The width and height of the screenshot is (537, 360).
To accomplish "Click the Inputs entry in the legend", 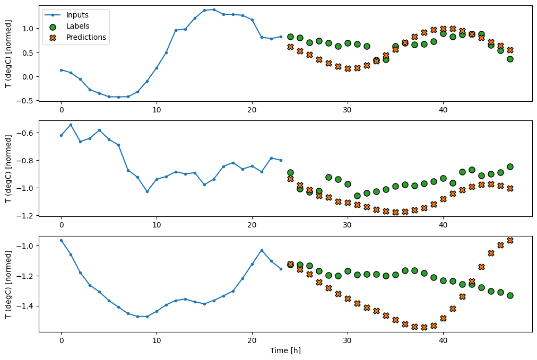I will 78,15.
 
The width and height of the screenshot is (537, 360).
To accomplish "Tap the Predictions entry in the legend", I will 86,37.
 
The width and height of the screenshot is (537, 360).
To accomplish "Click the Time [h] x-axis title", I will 285,350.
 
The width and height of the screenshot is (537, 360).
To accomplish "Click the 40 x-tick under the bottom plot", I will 443,340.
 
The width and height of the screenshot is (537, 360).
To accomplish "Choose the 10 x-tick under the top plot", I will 157,109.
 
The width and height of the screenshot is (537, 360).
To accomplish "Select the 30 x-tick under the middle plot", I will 348,224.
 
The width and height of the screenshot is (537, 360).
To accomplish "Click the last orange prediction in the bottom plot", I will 510,240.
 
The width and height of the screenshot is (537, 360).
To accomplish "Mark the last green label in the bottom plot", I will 510,295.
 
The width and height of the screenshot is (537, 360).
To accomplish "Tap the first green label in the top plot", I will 290,37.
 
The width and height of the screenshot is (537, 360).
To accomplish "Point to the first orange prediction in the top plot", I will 290,47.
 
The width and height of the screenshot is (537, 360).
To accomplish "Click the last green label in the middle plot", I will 510,166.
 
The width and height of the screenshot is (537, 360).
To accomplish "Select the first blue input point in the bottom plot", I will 61,240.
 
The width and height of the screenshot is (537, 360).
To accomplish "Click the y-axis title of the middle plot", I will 8,168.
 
